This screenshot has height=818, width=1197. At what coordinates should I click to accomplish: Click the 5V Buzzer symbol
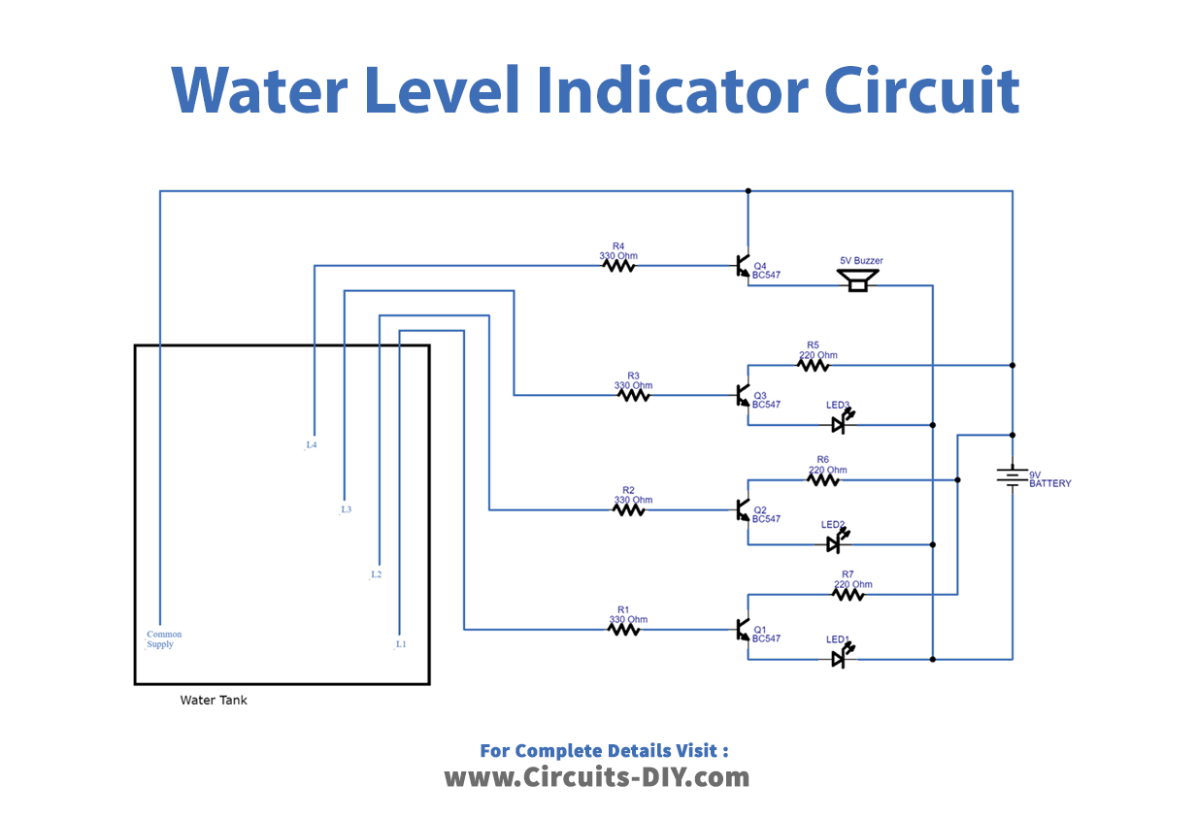pos(857,280)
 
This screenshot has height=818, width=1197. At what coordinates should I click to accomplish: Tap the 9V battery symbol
pos(1012,475)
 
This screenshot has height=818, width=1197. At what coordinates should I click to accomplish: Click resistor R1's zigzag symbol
pos(623,630)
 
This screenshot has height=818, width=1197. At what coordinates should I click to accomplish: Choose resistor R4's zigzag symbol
pos(618,265)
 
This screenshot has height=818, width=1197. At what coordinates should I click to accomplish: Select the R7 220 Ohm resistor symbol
pos(848,594)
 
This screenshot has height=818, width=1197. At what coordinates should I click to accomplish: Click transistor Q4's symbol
pos(743,267)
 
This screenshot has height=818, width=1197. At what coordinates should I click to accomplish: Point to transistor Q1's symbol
pos(743,631)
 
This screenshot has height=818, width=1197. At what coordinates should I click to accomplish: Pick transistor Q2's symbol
pos(743,510)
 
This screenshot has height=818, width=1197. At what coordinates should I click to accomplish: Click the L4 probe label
pos(311,445)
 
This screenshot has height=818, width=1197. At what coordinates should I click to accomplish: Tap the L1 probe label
pos(400,644)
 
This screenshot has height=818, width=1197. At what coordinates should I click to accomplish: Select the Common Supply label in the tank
pos(163,639)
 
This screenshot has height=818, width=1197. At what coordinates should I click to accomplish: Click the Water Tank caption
pos(214,700)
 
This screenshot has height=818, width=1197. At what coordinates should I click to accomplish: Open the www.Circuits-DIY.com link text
pos(596,777)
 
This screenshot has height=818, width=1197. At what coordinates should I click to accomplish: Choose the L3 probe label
pos(346,509)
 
